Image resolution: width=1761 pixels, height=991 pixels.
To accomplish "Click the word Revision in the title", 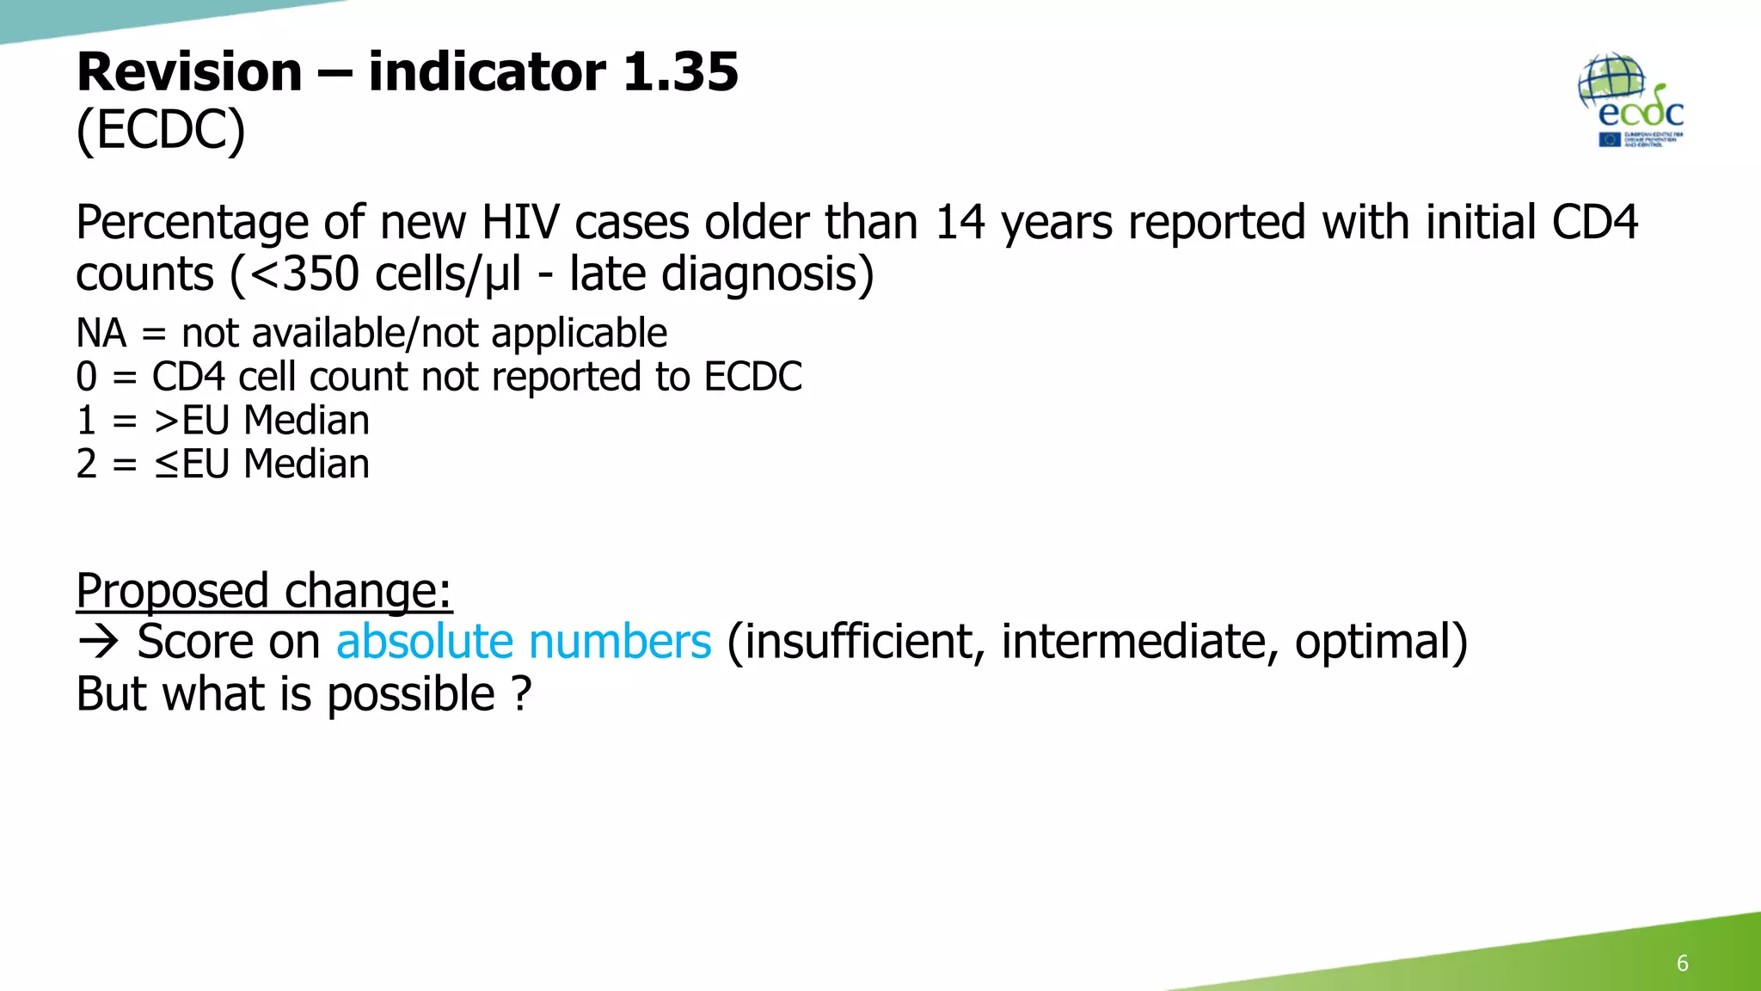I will coord(189,71).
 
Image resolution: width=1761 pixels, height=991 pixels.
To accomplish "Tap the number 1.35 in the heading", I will coord(679,71).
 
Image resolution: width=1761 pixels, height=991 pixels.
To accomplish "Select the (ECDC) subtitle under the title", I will coord(161,131).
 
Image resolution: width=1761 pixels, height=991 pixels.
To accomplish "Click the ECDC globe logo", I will coord(1630,100).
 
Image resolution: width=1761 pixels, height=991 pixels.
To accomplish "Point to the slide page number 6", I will coord(1682,963).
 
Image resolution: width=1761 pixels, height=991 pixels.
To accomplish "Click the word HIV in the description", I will coord(519,223).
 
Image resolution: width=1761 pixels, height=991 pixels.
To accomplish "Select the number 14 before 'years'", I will coord(960,223).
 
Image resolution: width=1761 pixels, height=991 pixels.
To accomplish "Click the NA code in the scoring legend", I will coord(101,334).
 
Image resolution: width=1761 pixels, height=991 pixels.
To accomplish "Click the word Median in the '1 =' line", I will coord(306,421).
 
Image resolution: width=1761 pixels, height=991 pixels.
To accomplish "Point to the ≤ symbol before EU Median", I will coord(166,465).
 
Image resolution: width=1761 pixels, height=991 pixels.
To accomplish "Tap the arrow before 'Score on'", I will coord(98,643).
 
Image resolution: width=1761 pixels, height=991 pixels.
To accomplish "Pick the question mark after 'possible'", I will coord(521,694).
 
